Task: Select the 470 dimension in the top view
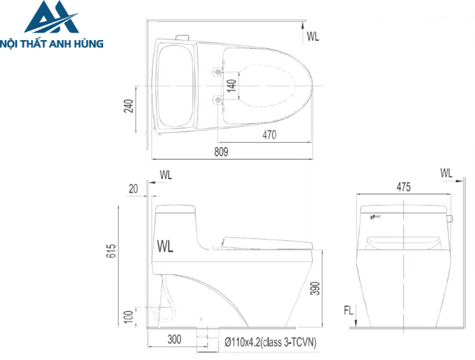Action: pyautogui.click(x=269, y=134)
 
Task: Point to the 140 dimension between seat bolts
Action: pyautogui.click(x=231, y=86)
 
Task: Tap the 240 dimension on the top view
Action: pyautogui.click(x=128, y=106)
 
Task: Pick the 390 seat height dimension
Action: pyautogui.click(x=332, y=289)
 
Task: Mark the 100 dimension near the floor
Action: pyautogui.click(x=129, y=317)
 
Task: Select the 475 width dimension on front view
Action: pyautogui.click(x=404, y=187)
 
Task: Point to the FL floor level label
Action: pyautogui.click(x=347, y=311)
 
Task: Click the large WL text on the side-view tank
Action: pyautogui.click(x=165, y=247)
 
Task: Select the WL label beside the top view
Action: pyautogui.click(x=313, y=35)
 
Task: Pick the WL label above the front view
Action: pyautogui.click(x=446, y=174)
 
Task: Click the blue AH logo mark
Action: pyautogui.click(x=52, y=18)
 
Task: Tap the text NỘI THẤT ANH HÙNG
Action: pyautogui.click(x=52, y=43)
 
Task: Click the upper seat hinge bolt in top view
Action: pyautogui.click(x=217, y=71)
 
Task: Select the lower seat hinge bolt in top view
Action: pyautogui.click(x=217, y=100)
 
